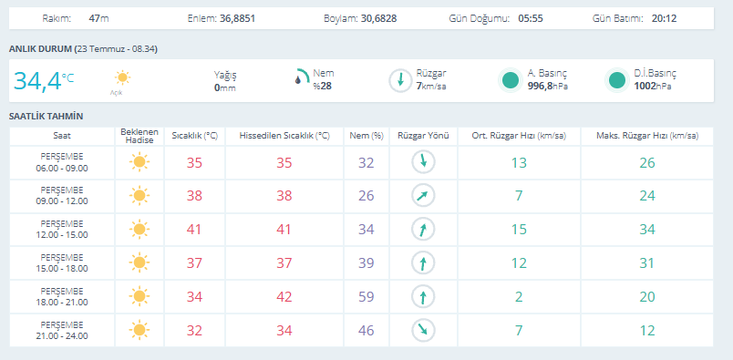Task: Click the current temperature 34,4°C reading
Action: (x=44, y=81)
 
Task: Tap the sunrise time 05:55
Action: (x=531, y=19)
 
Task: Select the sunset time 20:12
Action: (x=664, y=19)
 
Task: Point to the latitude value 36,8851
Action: (x=237, y=19)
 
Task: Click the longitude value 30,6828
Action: (x=378, y=19)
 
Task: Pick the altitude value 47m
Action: (x=98, y=19)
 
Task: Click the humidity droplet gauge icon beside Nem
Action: (x=302, y=77)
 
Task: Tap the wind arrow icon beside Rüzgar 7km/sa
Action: (x=400, y=80)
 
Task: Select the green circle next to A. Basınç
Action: (x=511, y=80)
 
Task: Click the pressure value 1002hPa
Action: (x=653, y=86)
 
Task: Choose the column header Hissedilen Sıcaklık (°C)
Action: (x=284, y=136)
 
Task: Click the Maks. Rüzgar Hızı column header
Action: (x=647, y=136)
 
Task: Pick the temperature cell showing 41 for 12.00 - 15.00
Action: (x=194, y=230)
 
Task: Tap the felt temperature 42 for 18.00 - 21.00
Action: (x=284, y=297)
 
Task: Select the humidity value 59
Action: (x=366, y=297)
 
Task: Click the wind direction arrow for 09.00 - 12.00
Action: (x=423, y=196)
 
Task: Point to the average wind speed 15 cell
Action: (x=519, y=230)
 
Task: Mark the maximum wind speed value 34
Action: (x=647, y=230)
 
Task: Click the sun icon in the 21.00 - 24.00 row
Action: (x=139, y=330)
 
